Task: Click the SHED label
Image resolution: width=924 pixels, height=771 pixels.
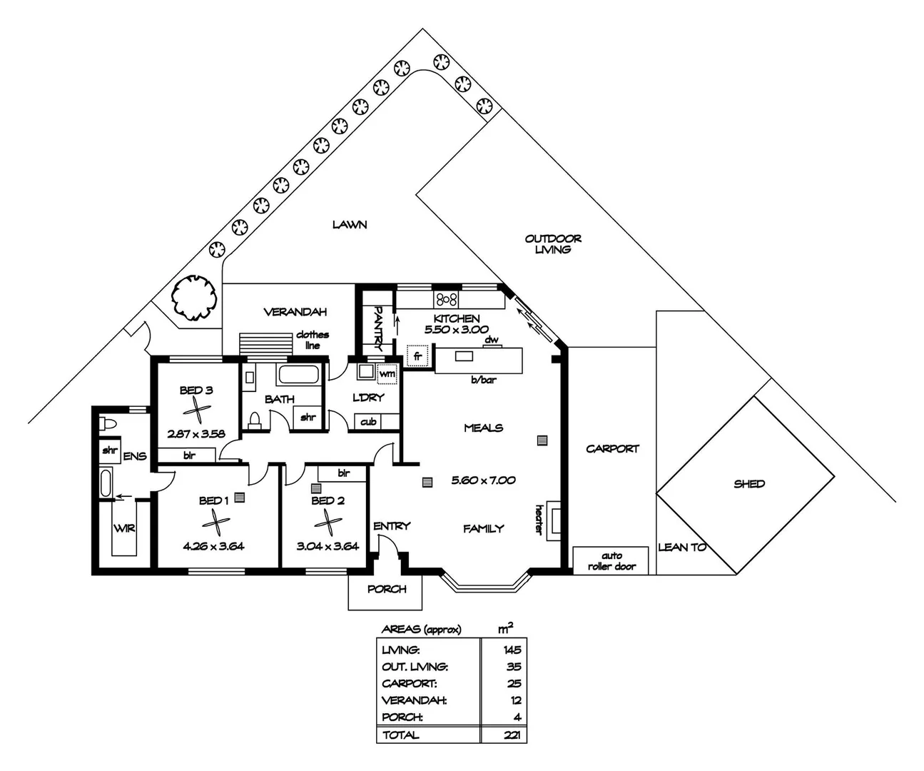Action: (x=748, y=484)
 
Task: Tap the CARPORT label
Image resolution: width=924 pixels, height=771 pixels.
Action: (x=612, y=449)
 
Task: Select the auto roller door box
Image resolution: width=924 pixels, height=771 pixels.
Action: (x=611, y=560)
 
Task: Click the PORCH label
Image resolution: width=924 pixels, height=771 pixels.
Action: (x=387, y=589)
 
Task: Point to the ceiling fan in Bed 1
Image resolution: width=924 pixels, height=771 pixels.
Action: (x=213, y=525)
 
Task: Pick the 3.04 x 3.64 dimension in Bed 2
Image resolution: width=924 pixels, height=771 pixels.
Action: (x=328, y=547)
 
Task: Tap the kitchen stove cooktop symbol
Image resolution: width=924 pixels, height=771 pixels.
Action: (x=447, y=299)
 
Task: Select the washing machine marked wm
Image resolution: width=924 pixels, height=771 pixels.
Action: (x=387, y=373)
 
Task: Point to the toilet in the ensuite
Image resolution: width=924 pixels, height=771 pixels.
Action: (x=106, y=423)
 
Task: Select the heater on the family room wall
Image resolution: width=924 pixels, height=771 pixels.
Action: (x=555, y=518)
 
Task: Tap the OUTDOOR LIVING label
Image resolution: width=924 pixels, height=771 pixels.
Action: (x=553, y=244)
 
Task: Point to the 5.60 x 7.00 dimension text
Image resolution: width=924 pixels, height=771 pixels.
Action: (x=483, y=480)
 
